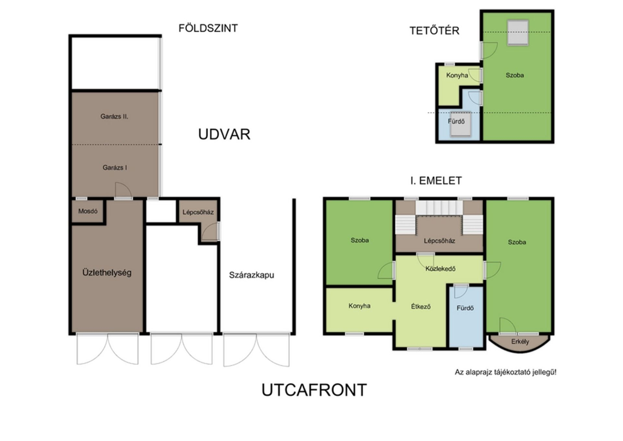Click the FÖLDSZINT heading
click(208, 28)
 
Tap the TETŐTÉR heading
click(434, 31)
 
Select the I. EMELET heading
click(436, 181)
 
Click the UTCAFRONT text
click(314, 390)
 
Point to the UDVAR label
click(224, 134)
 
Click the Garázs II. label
click(114, 116)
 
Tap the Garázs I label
click(115, 167)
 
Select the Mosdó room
click(88, 211)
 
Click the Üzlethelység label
click(107, 272)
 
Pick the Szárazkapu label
click(251, 275)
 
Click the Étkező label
click(421, 306)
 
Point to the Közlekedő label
click(440, 269)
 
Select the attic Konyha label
click(457, 75)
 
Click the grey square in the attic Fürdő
click(460, 124)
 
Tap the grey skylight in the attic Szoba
click(518, 32)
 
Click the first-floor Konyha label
click(359, 306)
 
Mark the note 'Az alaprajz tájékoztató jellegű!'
click(505, 372)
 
